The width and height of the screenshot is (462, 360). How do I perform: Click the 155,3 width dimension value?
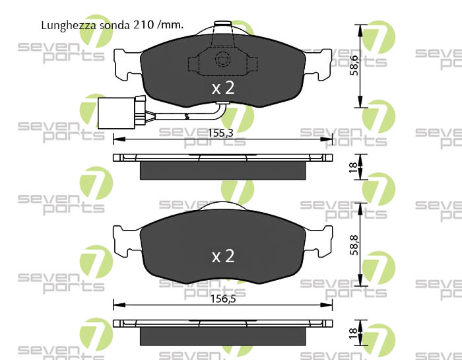coord(220,133)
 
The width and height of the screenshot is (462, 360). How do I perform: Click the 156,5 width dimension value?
coord(223,299)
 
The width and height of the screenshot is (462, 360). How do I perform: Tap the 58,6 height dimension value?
coord(354,65)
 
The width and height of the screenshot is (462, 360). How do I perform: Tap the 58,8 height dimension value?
coord(354,245)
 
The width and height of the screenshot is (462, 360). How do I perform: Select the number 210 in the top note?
coord(144,24)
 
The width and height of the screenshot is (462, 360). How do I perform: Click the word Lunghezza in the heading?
coord(69,25)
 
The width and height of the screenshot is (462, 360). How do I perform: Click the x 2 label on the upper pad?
coord(223,88)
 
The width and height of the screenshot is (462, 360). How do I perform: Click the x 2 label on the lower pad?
coord(223,256)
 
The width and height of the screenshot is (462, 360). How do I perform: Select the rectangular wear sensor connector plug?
coord(116,113)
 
